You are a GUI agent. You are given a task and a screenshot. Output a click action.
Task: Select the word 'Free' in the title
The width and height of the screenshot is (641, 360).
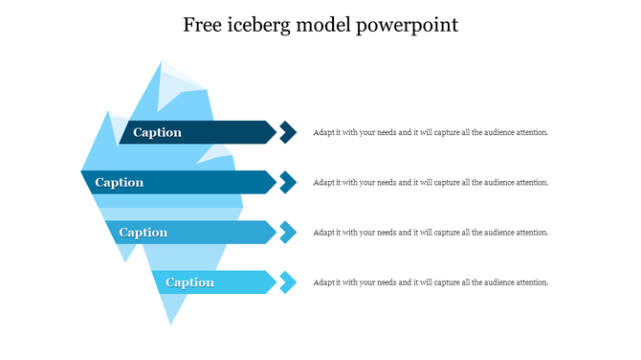click(206, 25)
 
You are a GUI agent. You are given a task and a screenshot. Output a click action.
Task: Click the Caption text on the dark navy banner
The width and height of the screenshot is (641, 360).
click(157, 132)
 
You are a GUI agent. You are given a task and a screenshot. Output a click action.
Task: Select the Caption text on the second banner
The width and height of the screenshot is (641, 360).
click(120, 182)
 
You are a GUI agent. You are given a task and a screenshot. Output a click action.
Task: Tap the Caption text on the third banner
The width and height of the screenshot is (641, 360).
click(144, 232)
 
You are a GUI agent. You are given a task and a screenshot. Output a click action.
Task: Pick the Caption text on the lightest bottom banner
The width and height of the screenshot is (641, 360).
click(189, 281)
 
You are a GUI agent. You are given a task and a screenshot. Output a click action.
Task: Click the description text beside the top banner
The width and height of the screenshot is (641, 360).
click(431, 132)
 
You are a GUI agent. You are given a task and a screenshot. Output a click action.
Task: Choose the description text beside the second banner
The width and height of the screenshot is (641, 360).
click(431, 182)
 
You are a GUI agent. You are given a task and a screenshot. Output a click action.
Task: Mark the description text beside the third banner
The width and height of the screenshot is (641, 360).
click(431, 232)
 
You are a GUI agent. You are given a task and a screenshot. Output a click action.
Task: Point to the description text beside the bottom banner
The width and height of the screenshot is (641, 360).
click(431, 281)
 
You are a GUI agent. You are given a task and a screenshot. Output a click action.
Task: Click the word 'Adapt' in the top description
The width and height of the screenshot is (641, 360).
click(323, 132)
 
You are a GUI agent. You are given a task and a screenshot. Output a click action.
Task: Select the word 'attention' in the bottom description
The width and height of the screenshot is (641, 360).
click(531, 281)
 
